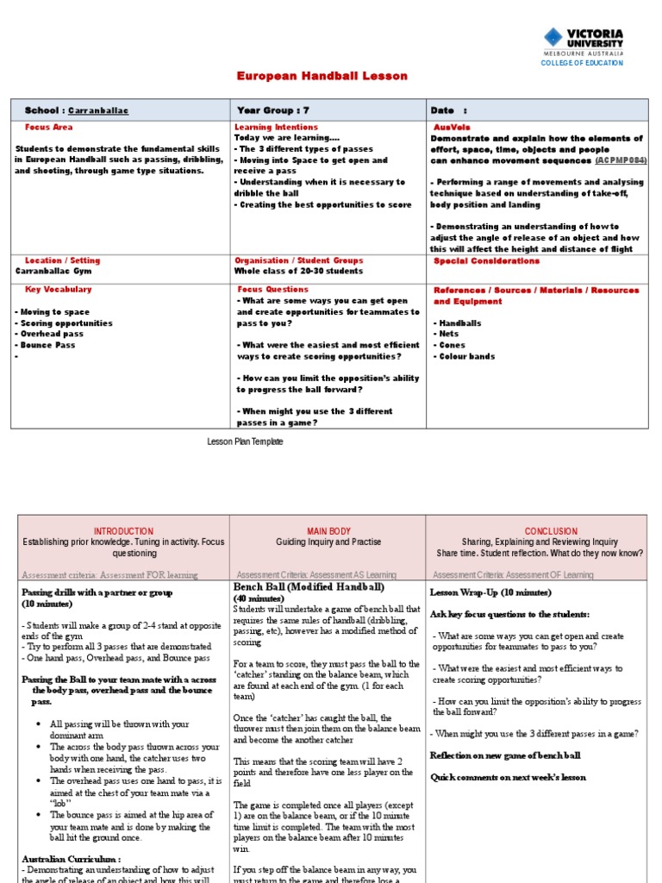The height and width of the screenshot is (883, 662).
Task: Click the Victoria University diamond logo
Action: [553, 38]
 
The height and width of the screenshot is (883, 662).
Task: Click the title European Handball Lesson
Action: [322, 77]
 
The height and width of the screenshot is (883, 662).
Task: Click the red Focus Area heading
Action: [49, 127]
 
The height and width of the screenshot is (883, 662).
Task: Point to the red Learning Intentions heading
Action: [276, 127]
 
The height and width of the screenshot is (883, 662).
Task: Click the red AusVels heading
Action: [450, 127]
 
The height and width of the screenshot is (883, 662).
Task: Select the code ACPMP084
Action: [621, 160]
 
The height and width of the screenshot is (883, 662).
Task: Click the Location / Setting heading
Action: [63, 260]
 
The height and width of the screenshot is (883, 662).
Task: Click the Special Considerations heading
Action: [486, 260]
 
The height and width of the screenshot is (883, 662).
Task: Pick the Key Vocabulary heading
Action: [59, 290]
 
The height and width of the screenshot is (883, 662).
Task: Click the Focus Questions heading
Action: [272, 290]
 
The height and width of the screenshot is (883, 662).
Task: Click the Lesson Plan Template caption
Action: [245, 441]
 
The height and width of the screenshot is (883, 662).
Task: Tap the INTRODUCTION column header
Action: [123, 531]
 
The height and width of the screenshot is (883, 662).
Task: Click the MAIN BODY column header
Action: [328, 531]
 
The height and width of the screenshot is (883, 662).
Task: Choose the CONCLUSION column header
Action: [540, 531]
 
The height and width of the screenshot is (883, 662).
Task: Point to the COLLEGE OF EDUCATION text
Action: [581, 64]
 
